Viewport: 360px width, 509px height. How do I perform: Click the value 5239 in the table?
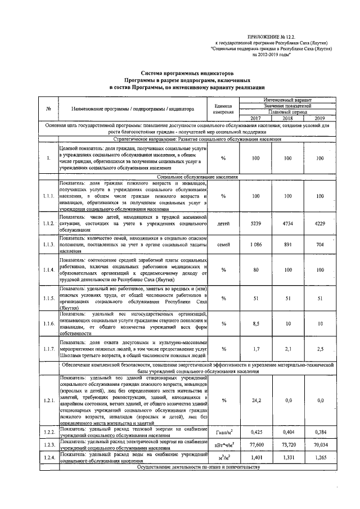click(255, 223)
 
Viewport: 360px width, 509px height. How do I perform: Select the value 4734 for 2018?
click(287, 223)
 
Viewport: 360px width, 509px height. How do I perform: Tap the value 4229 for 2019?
click(320, 223)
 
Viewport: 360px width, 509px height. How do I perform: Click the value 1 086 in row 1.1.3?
click(255, 245)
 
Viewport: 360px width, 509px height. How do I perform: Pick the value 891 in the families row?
click(287, 245)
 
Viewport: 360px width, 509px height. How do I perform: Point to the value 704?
click(320, 245)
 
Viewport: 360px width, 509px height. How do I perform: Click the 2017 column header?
click(255, 118)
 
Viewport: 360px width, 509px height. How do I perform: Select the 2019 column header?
click(320, 118)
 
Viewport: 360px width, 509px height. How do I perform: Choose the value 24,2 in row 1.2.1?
click(255, 400)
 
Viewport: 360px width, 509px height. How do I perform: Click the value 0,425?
click(255, 433)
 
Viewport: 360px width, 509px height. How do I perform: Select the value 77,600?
click(255, 444)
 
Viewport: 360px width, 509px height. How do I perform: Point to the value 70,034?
click(320, 444)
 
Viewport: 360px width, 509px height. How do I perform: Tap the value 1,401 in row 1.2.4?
click(255, 457)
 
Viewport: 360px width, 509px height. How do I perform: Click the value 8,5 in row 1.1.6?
click(255, 323)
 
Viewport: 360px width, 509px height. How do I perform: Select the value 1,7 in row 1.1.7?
click(255, 349)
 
